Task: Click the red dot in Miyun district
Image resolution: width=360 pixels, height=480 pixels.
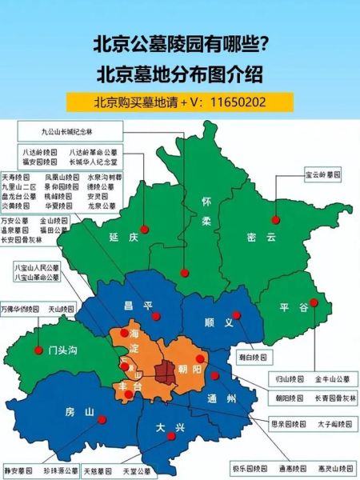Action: pos(275,219)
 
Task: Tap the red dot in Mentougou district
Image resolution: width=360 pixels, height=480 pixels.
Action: pos(38,350)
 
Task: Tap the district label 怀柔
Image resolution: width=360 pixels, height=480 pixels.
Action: pos(207,208)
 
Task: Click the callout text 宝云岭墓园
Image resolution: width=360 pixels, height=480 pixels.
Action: pos(323,174)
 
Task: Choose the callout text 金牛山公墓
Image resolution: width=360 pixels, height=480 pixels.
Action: pos(331,378)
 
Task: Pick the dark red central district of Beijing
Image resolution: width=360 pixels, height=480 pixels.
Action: pos(167,370)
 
